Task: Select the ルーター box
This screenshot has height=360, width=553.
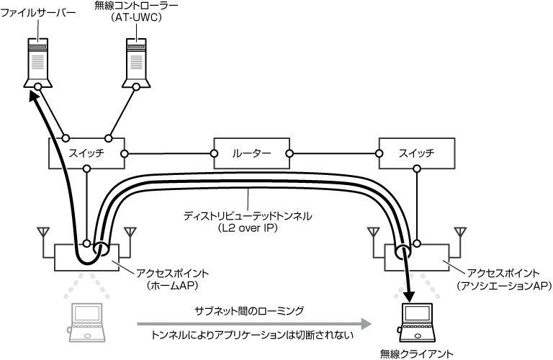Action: click(252, 153)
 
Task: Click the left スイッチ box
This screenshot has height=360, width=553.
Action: click(86, 153)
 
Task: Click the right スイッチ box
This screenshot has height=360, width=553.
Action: click(416, 153)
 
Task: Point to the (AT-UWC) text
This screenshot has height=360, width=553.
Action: click(136, 20)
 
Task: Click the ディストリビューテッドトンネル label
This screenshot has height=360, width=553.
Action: click(249, 215)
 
